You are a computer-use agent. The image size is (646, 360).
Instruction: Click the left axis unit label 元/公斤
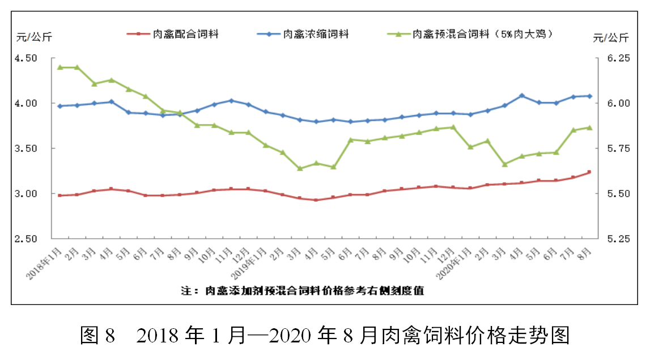[33, 38]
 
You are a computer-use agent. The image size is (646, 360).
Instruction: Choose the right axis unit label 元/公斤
[611, 38]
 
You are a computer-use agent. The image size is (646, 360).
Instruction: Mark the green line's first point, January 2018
[60, 67]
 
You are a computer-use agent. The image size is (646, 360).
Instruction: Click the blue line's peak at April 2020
[522, 96]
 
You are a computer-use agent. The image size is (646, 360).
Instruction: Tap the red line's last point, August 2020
[589, 172]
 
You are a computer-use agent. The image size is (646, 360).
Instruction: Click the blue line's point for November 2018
[231, 100]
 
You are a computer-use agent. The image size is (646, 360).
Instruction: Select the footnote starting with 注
[303, 291]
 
